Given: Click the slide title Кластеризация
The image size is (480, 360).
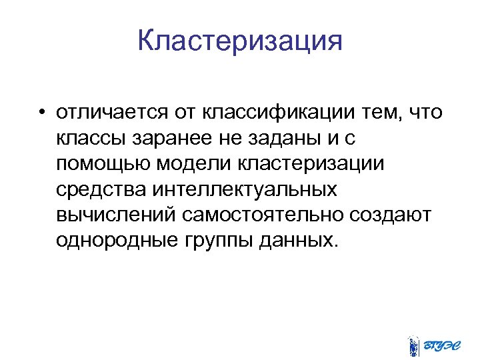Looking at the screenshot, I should [240, 42].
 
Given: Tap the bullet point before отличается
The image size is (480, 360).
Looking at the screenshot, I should [42, 113].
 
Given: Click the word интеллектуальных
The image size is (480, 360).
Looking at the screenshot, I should [245, 190].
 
